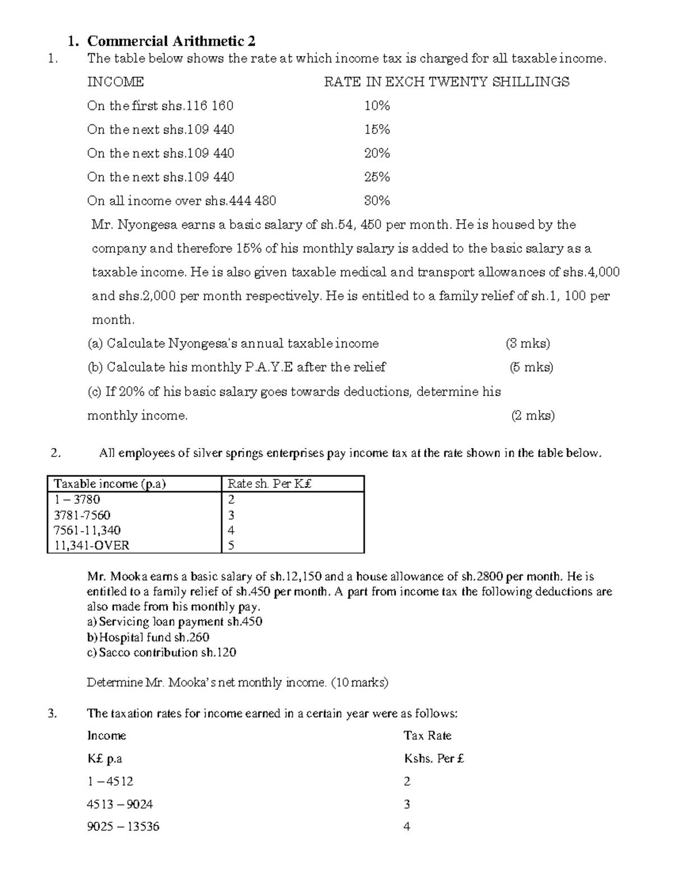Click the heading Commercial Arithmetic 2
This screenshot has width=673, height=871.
pos(171,41)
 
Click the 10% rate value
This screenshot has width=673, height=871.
pos(377,106)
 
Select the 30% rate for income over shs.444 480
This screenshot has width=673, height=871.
pos(377,201)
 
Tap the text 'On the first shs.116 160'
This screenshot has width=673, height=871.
pos(160,106)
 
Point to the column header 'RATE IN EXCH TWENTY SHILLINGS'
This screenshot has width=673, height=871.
pos(446,82)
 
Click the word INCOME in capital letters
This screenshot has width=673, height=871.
pos(116,82)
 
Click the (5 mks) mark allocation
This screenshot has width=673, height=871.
pos(531,367)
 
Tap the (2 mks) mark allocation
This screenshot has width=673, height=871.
pos(533,416)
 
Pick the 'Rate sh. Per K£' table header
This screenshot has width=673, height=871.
pos(269,484)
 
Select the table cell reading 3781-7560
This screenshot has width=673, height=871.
pos(82,515)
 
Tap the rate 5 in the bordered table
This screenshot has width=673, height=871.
pos(231,545)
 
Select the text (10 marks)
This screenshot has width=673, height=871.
pos(359,683)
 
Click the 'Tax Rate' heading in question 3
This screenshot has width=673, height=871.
pos(427,735)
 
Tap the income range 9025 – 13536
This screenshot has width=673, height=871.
pos(123,826)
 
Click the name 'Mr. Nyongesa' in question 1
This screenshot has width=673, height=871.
pos(133,225)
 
